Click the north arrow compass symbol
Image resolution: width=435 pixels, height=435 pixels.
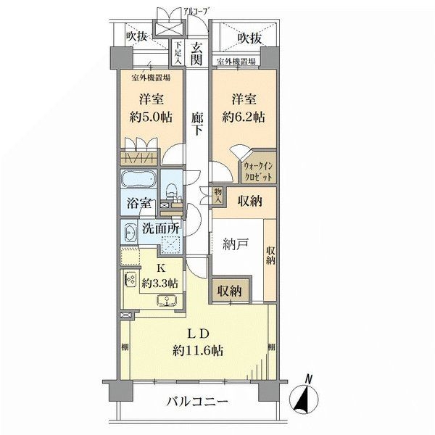pyautogui.click(x=306, y=397)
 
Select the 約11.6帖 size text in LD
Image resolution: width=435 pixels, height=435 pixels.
pyautogui.click(x=198, y=350)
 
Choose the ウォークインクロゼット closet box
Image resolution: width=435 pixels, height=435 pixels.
pyautogui.click(x=258, y=172)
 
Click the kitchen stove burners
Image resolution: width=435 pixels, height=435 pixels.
pyautogui.click(x=131, y=280)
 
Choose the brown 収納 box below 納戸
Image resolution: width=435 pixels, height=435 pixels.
pyautogui.click(x=230, y=291)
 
